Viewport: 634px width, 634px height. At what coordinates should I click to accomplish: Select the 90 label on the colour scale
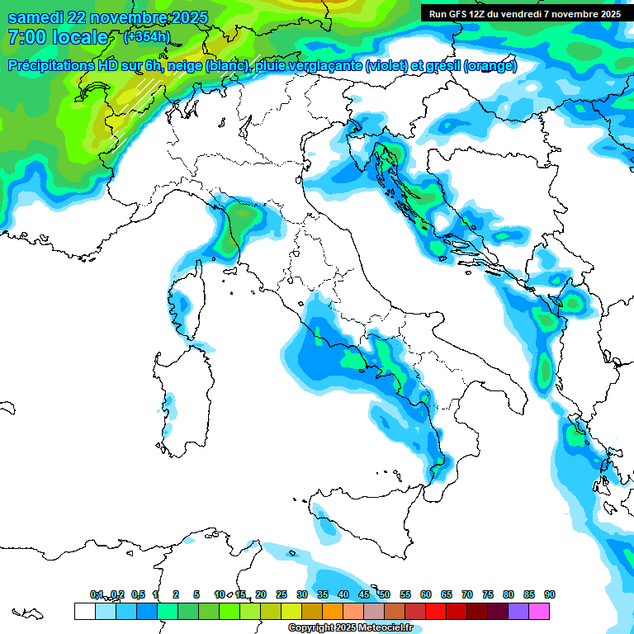pos(550,595)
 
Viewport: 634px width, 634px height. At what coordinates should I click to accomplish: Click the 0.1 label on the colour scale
pos(97,595)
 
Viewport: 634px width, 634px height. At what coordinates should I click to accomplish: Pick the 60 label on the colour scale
pos(426,595)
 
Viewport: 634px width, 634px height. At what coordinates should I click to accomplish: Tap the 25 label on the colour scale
pos(282,595)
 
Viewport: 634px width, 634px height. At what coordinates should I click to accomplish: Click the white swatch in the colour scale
pos(84,611)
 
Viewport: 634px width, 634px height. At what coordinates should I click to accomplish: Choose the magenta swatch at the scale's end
pos(539,611)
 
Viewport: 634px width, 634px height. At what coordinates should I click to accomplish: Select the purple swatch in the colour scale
pos(518,611)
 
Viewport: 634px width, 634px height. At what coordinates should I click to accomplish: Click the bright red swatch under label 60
pos(436,611)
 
